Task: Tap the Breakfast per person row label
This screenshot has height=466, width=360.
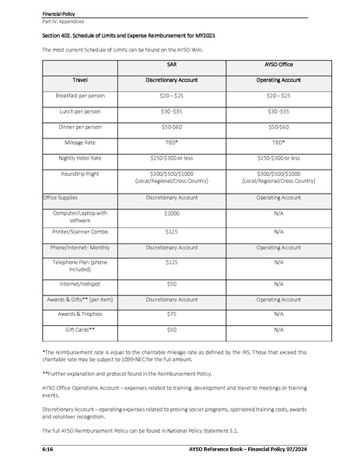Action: (80, 96)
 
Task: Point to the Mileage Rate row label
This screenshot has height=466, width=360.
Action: (80, 142)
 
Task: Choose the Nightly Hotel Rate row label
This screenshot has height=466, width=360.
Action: (80, 158)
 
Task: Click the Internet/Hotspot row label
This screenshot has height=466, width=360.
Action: (80, 284)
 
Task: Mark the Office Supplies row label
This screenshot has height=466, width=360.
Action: (60, 198)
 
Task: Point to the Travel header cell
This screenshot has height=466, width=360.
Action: (80, 80)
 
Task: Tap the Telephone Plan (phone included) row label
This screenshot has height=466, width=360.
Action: (80, 266)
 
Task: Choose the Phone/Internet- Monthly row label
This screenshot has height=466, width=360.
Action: (80, 247)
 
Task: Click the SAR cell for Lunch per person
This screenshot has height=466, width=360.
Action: (172, 111)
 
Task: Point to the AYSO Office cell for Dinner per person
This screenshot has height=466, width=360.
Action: (278, 127)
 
